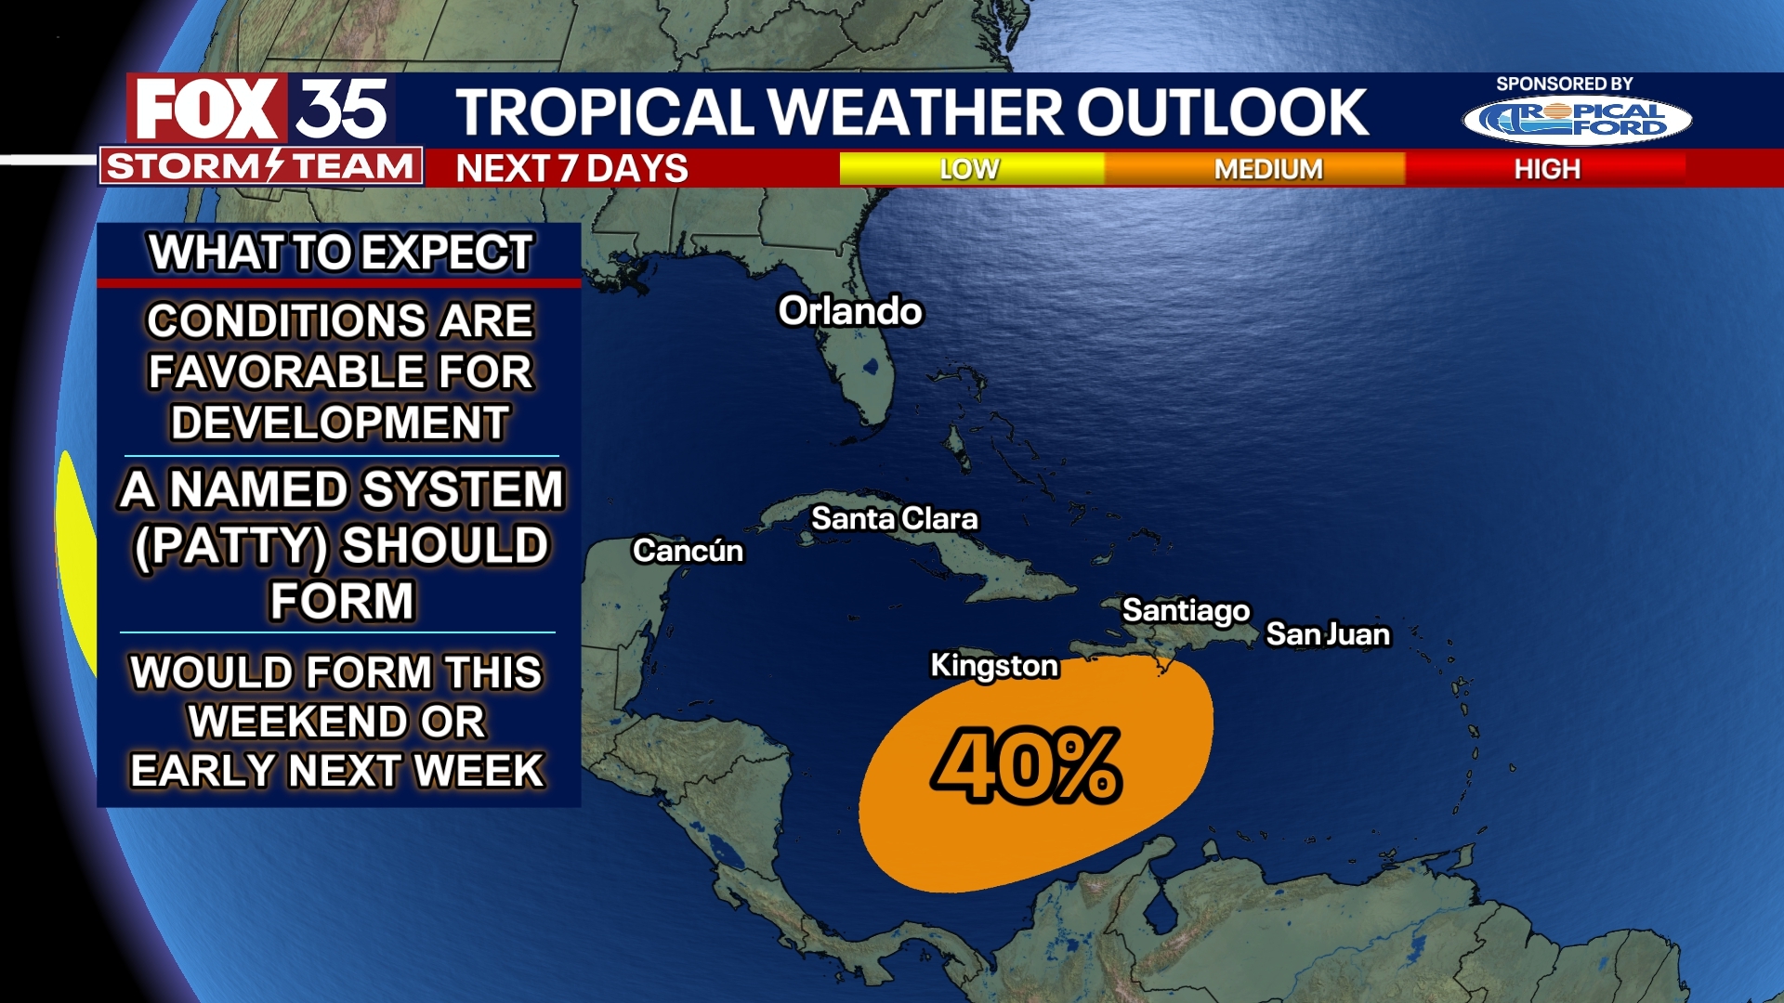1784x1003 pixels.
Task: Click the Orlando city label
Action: coord(850,312)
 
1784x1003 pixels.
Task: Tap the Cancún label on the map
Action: coord(688,551)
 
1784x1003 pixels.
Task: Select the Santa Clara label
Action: coord(894,519)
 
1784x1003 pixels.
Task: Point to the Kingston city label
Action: coord(994,666)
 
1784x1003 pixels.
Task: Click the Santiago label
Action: coord(1186,611)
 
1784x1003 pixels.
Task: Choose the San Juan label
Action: coord(1328,634)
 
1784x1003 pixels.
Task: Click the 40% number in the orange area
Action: coord(1027,766)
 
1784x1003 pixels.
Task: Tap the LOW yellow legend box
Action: coord(970,169)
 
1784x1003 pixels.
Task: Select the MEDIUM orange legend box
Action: coord(1267,169)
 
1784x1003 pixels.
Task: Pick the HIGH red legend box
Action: coord(1547,169)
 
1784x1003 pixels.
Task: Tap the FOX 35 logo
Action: coord(260,110)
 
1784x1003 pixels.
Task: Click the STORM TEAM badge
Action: coord(260,167)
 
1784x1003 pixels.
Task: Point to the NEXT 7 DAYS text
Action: coord(571,169)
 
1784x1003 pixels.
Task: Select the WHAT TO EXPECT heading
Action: coord(340,253)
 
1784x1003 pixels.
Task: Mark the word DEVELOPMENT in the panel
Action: coord(340,423)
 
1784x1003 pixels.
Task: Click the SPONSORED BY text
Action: coord(1564,84)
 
